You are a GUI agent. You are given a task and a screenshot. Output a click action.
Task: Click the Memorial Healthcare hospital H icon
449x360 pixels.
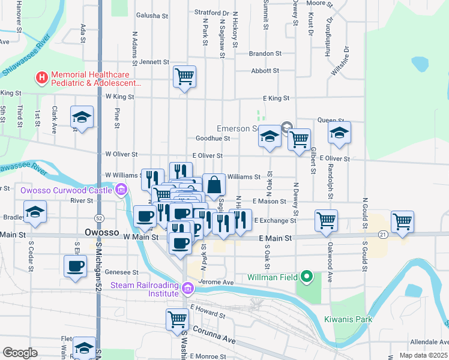[x=41, y=77]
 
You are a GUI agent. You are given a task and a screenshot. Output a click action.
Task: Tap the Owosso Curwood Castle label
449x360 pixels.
[x=67, y=190]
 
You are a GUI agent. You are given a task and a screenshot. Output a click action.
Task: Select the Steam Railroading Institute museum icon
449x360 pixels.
[x=188, y=289]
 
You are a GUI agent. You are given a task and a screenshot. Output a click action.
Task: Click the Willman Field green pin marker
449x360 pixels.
[x=307, y=277]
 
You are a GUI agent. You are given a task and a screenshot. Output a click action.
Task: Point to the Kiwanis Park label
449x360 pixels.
[x=348, y=319]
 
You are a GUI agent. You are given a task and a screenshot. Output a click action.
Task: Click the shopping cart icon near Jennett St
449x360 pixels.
[x=184, y=76]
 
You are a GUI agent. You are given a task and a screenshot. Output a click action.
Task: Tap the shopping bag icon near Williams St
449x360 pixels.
[x=214, y=185]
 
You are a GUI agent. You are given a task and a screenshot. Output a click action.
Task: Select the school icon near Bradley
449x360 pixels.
[x=36, y=212]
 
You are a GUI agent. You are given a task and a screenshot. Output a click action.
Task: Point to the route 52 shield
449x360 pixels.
[x=98, y=217]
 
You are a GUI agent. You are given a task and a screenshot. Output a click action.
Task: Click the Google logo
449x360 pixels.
[x=20, y=353]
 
